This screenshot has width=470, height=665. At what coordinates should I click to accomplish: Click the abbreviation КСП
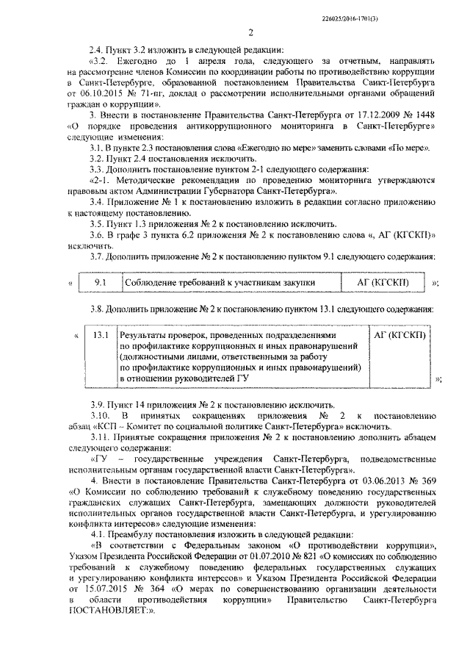click(x=106, y=427)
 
